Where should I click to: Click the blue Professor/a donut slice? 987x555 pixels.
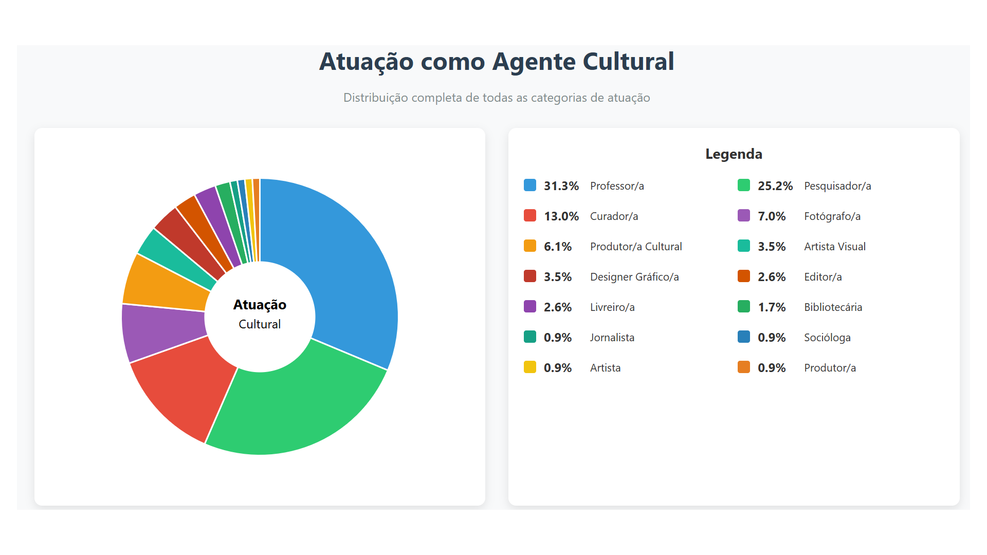click(x=344, y=267)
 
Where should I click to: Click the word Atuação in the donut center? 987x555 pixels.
click(x=260, y=305)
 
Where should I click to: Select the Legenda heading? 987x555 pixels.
click(x=734, y=154)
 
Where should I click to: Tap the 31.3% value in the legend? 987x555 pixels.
click(x=561, y=186)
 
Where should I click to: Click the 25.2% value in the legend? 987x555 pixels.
click(x=775, y=186)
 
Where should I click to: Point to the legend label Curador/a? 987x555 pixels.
click(x=614, y=216)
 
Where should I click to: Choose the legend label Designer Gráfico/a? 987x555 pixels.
click(x=634, y=277)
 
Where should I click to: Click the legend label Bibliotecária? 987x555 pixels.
click(x=833, y=307)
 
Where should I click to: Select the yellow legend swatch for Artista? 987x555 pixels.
click(x=530, y=367)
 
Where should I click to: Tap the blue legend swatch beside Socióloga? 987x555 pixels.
click(x=744, y=337)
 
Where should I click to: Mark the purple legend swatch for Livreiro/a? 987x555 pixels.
click(x=530, y=307)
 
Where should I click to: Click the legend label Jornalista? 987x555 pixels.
click(x=612, y=338)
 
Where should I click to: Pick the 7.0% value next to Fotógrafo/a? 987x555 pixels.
click(x=772, y=216)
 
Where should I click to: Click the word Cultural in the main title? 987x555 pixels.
click(x=628, y=62)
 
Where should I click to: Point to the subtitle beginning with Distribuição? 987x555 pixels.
click(x=497, y=98)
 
